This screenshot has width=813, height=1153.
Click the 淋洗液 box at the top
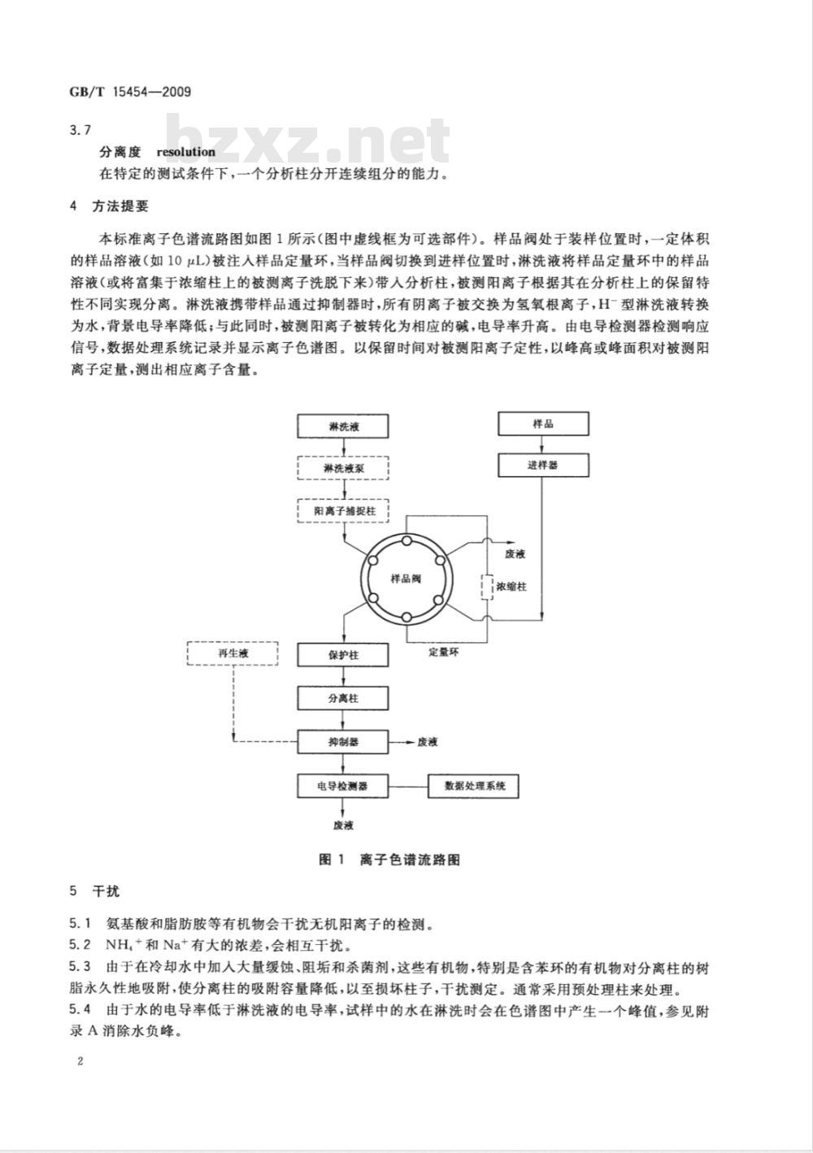(x=343, y=427)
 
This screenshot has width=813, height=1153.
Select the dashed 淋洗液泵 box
(x=343, y=469)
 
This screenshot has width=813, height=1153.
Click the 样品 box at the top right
(x=543, y=423)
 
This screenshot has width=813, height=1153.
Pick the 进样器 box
(x=543, y=466)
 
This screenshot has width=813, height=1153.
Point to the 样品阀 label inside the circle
(x=405, y=579)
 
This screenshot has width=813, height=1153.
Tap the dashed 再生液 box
(x=232, y=653)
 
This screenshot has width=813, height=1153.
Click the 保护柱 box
(x=343, y=654)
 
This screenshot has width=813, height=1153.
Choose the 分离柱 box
(x=343, y=698)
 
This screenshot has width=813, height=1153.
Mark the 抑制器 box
(x=343, y=742)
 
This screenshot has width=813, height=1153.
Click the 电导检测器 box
(x=343, y=786)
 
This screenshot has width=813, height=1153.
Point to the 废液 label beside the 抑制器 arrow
(x=428, y=742)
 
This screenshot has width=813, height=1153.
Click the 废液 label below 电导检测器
(x=342, y=826)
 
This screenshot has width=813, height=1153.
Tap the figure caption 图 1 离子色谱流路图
(x=389, y=860)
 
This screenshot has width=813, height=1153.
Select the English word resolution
(x=186, y=152)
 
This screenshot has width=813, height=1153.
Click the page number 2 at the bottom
(x=80, y=1061)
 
